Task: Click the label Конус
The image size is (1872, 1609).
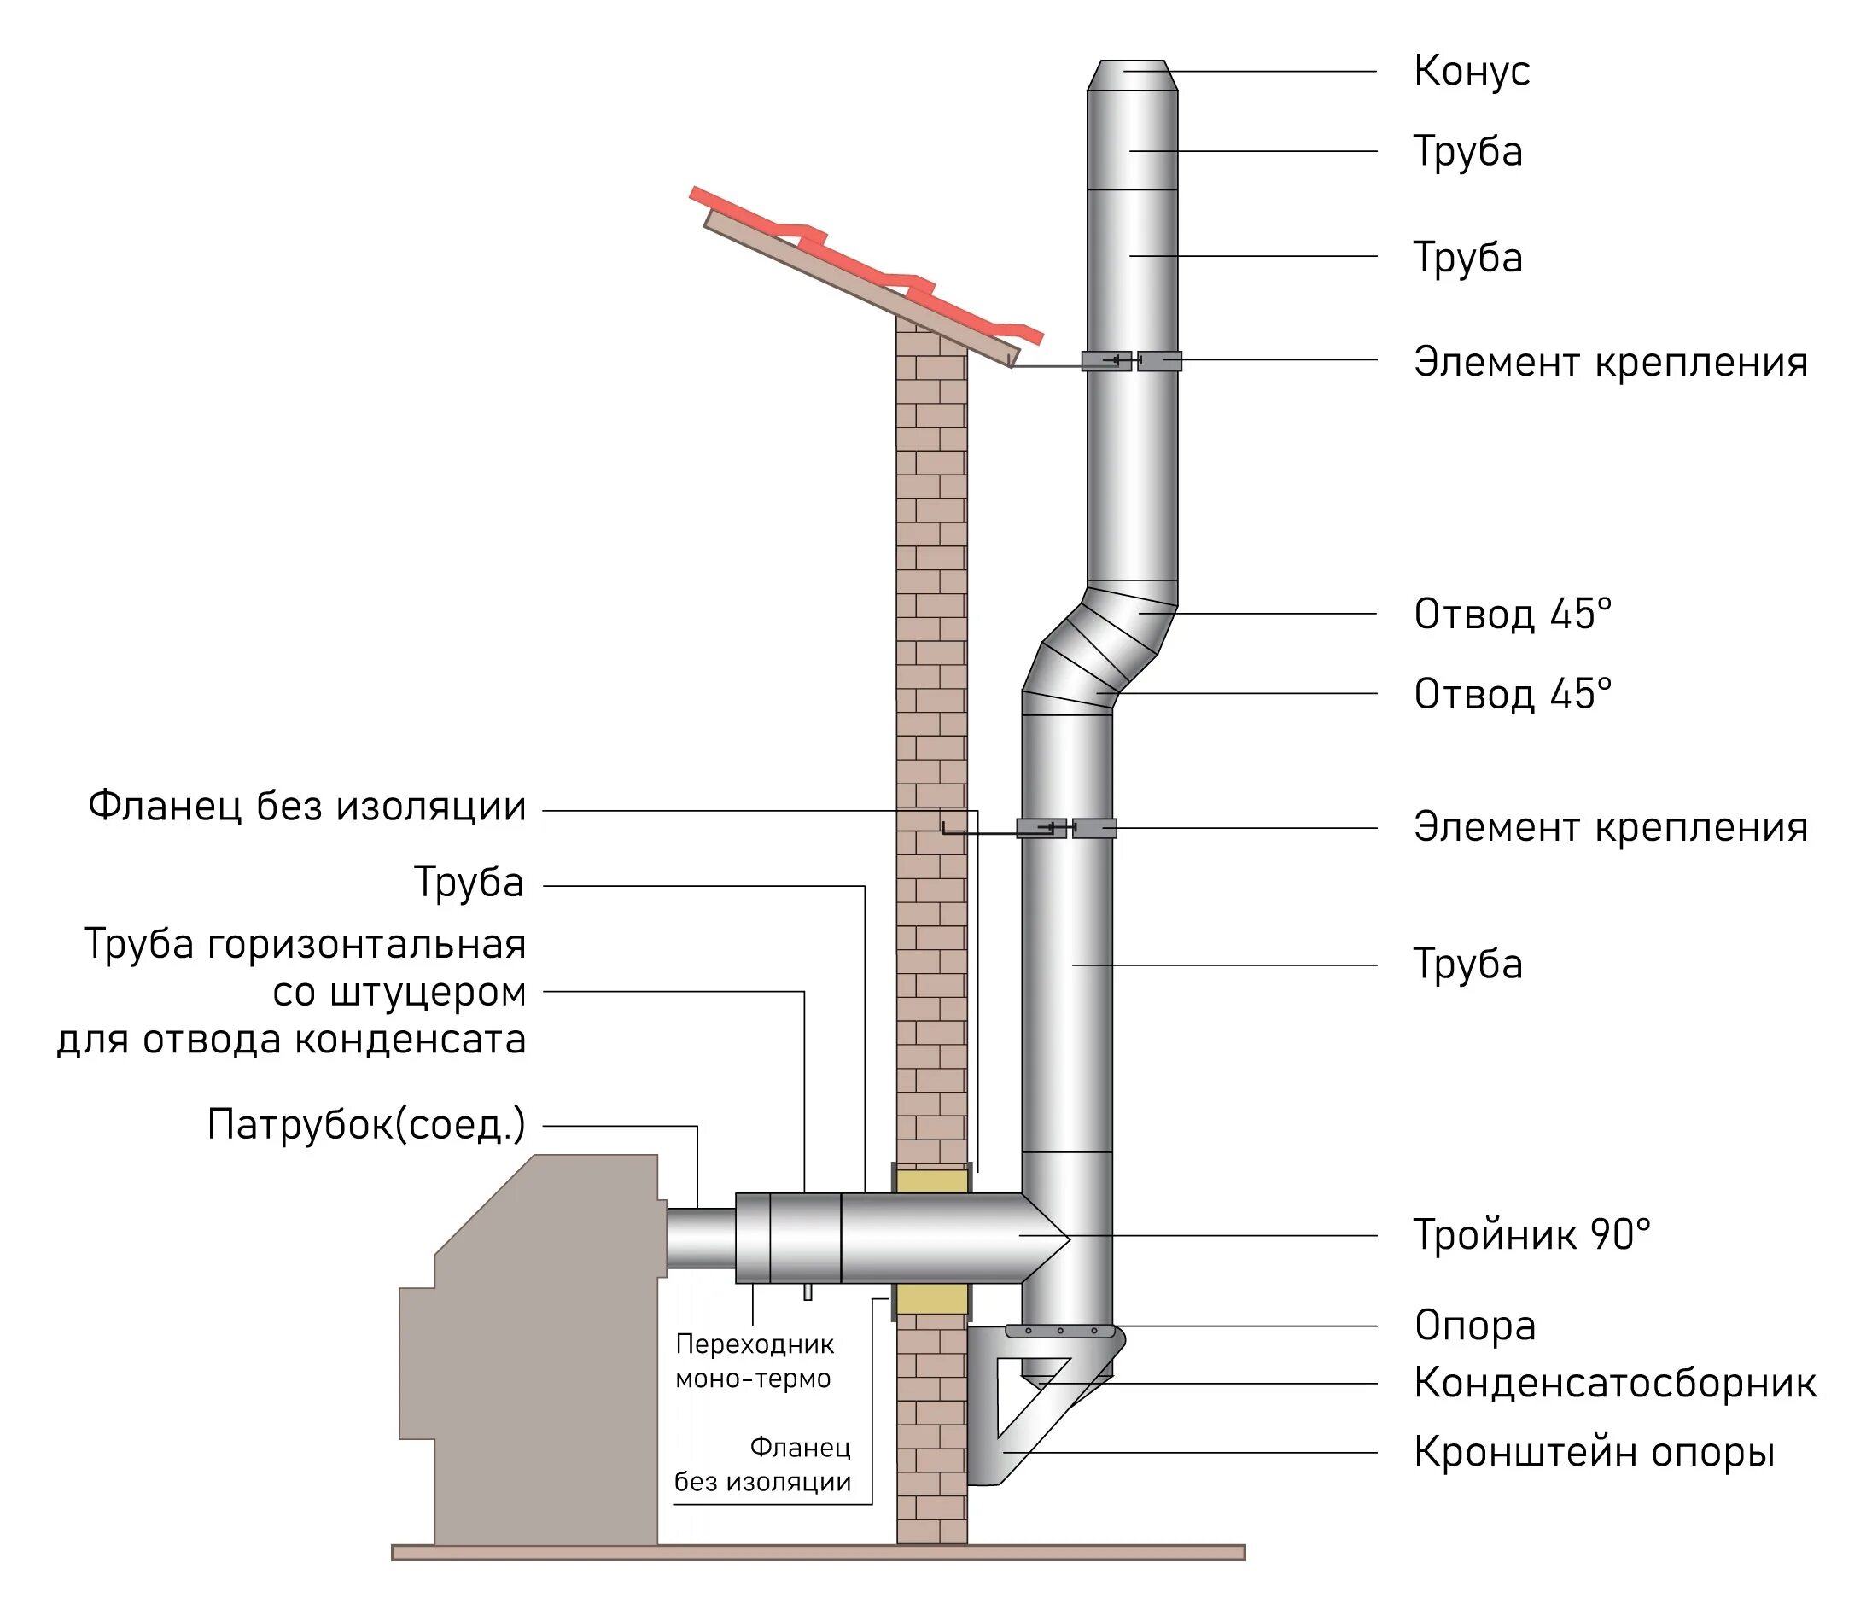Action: pos(1471,72)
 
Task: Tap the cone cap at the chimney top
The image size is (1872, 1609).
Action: pos(1132,76)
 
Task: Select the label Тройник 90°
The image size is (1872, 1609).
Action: pos(1531,1235)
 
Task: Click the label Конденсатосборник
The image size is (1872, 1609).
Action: pos(1614,1383)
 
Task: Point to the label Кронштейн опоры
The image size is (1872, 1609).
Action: pos(1594,1453)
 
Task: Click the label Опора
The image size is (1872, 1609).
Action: pos(1474,1326)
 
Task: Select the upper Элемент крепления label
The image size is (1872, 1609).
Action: pos(1610,361)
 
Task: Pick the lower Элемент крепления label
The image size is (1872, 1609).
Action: pos(1610,826)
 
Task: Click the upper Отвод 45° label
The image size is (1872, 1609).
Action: pos(1513,615)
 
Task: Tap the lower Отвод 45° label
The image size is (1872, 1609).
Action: pos(1513,694)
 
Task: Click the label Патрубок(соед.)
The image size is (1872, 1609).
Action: pos(366,1126)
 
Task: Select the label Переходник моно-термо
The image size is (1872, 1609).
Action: pos(755,1361)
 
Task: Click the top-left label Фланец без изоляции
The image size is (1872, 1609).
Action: pos(307,806)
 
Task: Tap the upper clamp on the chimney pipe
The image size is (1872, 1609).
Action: pos(1132,361)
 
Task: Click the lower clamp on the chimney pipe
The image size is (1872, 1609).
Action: pos(1067,827)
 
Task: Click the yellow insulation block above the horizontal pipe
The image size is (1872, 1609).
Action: pos(931,1181)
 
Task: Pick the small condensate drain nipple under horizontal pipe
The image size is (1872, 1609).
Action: pos(808,1292)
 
